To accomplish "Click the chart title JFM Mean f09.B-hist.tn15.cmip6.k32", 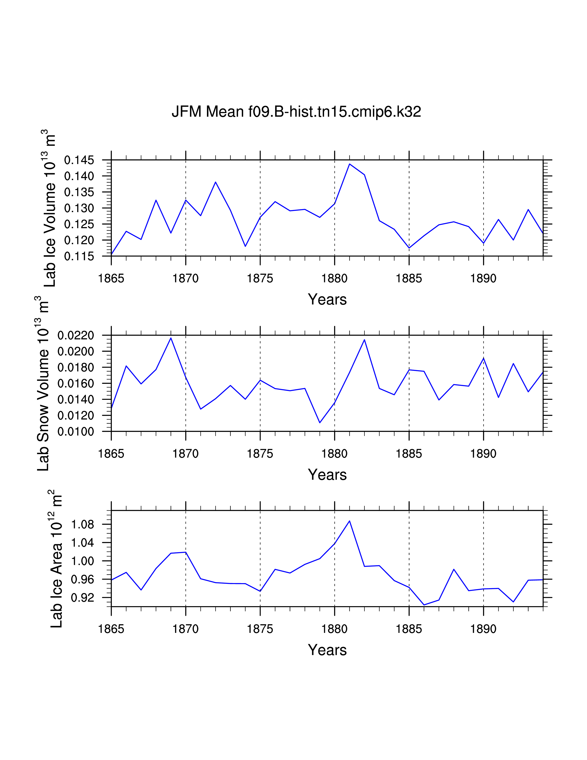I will pos(296,112).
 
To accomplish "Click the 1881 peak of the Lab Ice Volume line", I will pos(349,164).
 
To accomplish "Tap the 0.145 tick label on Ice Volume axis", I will pos(79,161).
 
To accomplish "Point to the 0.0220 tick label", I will pos(76,336).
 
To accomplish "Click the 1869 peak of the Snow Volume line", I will pos(171,338).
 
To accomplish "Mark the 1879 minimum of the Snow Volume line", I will pos(320,422).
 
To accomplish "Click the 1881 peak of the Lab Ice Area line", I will pos(349,521).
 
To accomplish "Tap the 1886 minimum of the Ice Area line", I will pos(424,605).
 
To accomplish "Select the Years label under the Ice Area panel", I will pos(327,650).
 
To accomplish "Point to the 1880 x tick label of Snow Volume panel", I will pos(334,454).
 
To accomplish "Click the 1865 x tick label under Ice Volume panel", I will pos(111,278).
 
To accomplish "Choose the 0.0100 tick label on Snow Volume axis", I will pos(76,432).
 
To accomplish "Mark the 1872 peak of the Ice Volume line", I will pos(216,182).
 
